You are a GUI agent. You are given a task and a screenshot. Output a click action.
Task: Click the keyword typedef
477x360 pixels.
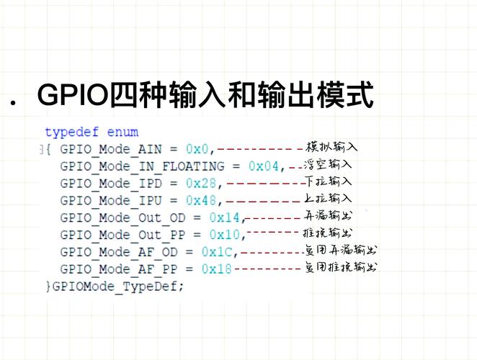(x=72, y=132)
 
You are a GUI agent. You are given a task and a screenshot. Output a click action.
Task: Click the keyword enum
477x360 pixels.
(x=122, y=132)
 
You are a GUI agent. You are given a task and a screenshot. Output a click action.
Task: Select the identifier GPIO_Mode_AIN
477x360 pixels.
(x=111, y=150)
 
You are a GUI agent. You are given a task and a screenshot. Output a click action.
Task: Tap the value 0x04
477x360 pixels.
(x=264, y=166)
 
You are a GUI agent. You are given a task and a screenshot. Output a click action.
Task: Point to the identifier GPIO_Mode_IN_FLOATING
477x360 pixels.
(x=142, y=166)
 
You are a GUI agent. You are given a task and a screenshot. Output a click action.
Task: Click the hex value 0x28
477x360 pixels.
(x=201, y=183)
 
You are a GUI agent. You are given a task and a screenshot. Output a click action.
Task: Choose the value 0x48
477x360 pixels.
(x=201, y=200)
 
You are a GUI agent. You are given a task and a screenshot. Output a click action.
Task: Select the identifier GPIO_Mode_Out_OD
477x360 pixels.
(x=122, y=218)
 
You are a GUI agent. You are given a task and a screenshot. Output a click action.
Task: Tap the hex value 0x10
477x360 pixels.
(x=225, y=235)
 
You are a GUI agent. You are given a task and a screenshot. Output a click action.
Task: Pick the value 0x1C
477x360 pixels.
(x=217, y=252)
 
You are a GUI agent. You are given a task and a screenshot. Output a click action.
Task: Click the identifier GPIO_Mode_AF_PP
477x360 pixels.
(x=119, y=269)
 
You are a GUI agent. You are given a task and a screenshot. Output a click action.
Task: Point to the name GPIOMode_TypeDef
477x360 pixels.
(x=115, y=287)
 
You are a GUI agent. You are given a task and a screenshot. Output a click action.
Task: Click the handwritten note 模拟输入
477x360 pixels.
(x=331, y=147)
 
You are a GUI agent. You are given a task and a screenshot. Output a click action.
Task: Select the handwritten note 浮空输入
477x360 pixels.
(x=328, y=164)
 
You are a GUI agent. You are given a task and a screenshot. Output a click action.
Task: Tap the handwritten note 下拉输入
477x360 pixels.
(x=329, y=181)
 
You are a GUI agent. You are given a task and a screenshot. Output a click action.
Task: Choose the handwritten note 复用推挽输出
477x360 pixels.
(x=341, y=267)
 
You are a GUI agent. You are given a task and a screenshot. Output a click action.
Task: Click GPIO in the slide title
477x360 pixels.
(x=73, y=94)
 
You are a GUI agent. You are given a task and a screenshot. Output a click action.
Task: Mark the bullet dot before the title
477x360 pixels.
(x=13, y=103)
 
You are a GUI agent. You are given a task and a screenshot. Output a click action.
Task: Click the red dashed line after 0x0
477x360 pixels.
(x=260, y=149)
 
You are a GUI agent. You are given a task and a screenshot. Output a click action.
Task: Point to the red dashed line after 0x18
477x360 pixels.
(x=268, y=268)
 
